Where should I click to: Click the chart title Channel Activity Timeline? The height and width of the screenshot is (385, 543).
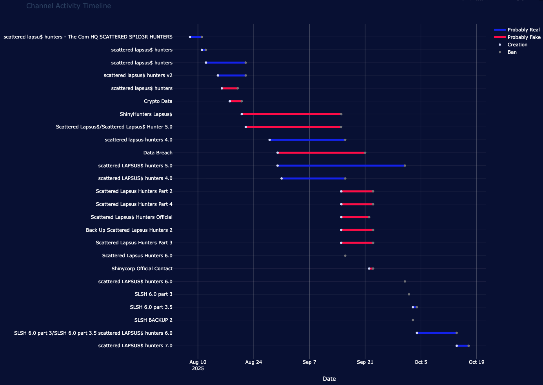point(69,6)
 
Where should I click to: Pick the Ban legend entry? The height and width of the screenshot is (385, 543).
point(512,52)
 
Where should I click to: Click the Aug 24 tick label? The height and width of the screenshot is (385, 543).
point(254,362)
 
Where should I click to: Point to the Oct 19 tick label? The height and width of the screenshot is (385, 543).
point(476,362)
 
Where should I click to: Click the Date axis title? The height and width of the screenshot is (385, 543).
point(329,379)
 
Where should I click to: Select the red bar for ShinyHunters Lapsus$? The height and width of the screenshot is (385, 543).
point(291,114)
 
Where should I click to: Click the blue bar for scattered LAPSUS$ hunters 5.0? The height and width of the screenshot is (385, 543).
point(341,165)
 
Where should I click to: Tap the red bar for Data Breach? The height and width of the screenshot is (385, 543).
point(321,153)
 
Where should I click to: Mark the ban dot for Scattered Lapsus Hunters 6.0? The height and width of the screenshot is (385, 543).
point(345,256)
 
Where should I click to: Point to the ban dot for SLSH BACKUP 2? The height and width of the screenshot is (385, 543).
point(413,320)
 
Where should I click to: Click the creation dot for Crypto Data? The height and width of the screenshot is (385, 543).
point(230,101)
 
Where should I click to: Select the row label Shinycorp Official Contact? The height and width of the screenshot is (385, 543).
point(142,269)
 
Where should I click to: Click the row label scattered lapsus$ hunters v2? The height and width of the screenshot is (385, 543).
point(138,75)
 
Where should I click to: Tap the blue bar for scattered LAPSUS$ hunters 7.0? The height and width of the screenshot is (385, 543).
point(463,346)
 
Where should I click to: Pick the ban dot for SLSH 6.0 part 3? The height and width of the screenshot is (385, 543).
point(409,294)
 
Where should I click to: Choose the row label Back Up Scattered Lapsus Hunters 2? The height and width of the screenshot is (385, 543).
point(129,230)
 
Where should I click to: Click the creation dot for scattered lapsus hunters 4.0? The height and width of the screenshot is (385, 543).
point(269,140)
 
